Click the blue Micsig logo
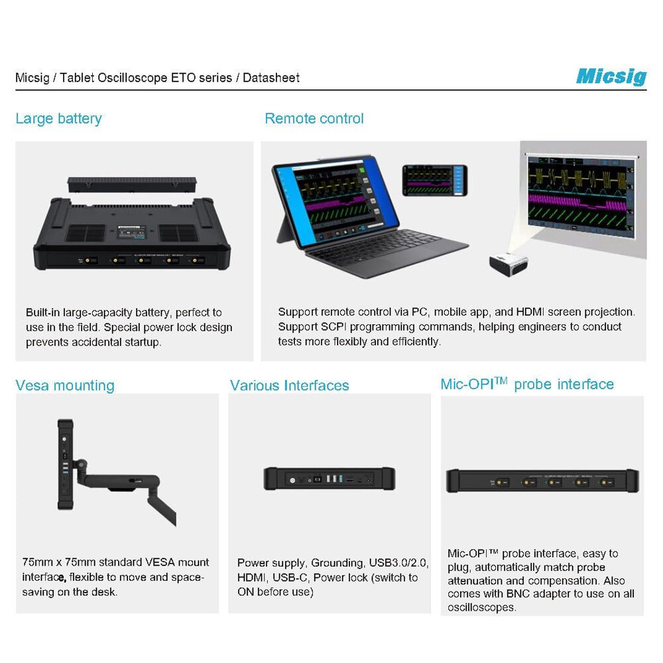[611, 76]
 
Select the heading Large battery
[59, 119]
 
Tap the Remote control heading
[314, 119]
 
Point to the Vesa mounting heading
[65, 386]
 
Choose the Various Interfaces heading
[290, 386]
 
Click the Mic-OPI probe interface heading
[527, 384]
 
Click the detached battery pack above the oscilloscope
[132, 184]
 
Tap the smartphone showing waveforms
[435, 180]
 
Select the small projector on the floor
[509, 263]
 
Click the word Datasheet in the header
[271, 78]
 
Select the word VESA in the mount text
[160, 562]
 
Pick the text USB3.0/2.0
[398, 563]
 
